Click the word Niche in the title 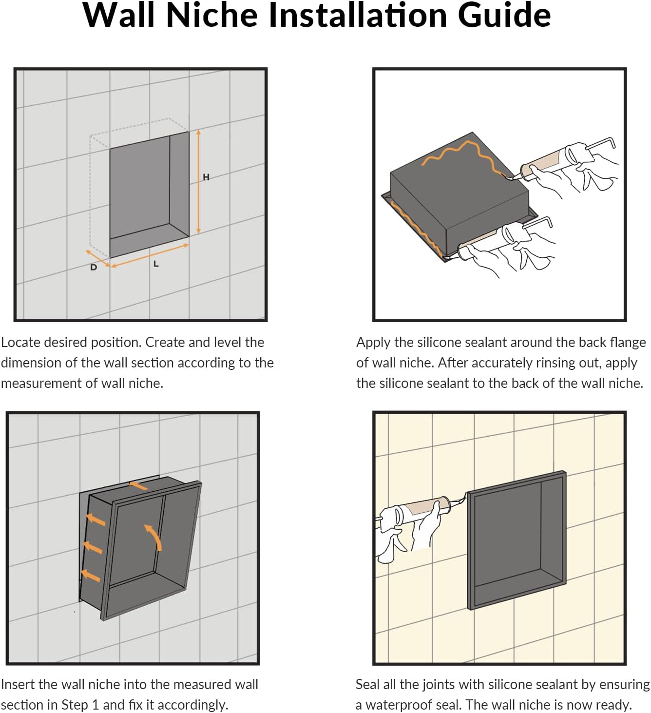211,15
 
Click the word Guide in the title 504,15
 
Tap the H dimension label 206,177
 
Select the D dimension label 94,267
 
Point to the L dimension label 156,264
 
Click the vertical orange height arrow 198,181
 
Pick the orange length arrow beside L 150,255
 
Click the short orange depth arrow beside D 98,258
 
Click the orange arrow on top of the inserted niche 138,485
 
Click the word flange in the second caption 628,342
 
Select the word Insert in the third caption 18,684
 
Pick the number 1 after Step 95,705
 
